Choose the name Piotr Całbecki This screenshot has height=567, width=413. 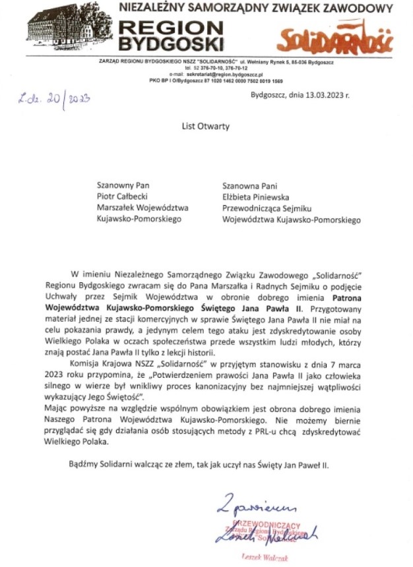(123, 196)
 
